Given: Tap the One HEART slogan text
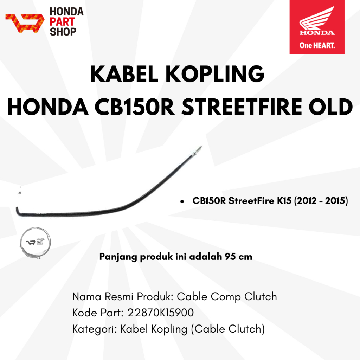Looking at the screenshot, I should coord(317,45).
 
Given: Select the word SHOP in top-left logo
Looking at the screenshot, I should coord(63,32).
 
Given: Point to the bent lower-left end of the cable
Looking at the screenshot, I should coord(18,211).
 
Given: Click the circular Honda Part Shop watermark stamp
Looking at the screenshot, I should coord(36,242).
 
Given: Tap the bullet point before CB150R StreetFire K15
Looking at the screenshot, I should coord(182,202).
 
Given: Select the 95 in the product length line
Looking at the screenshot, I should coord(229,257).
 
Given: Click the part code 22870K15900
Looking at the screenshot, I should coord(161,313).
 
